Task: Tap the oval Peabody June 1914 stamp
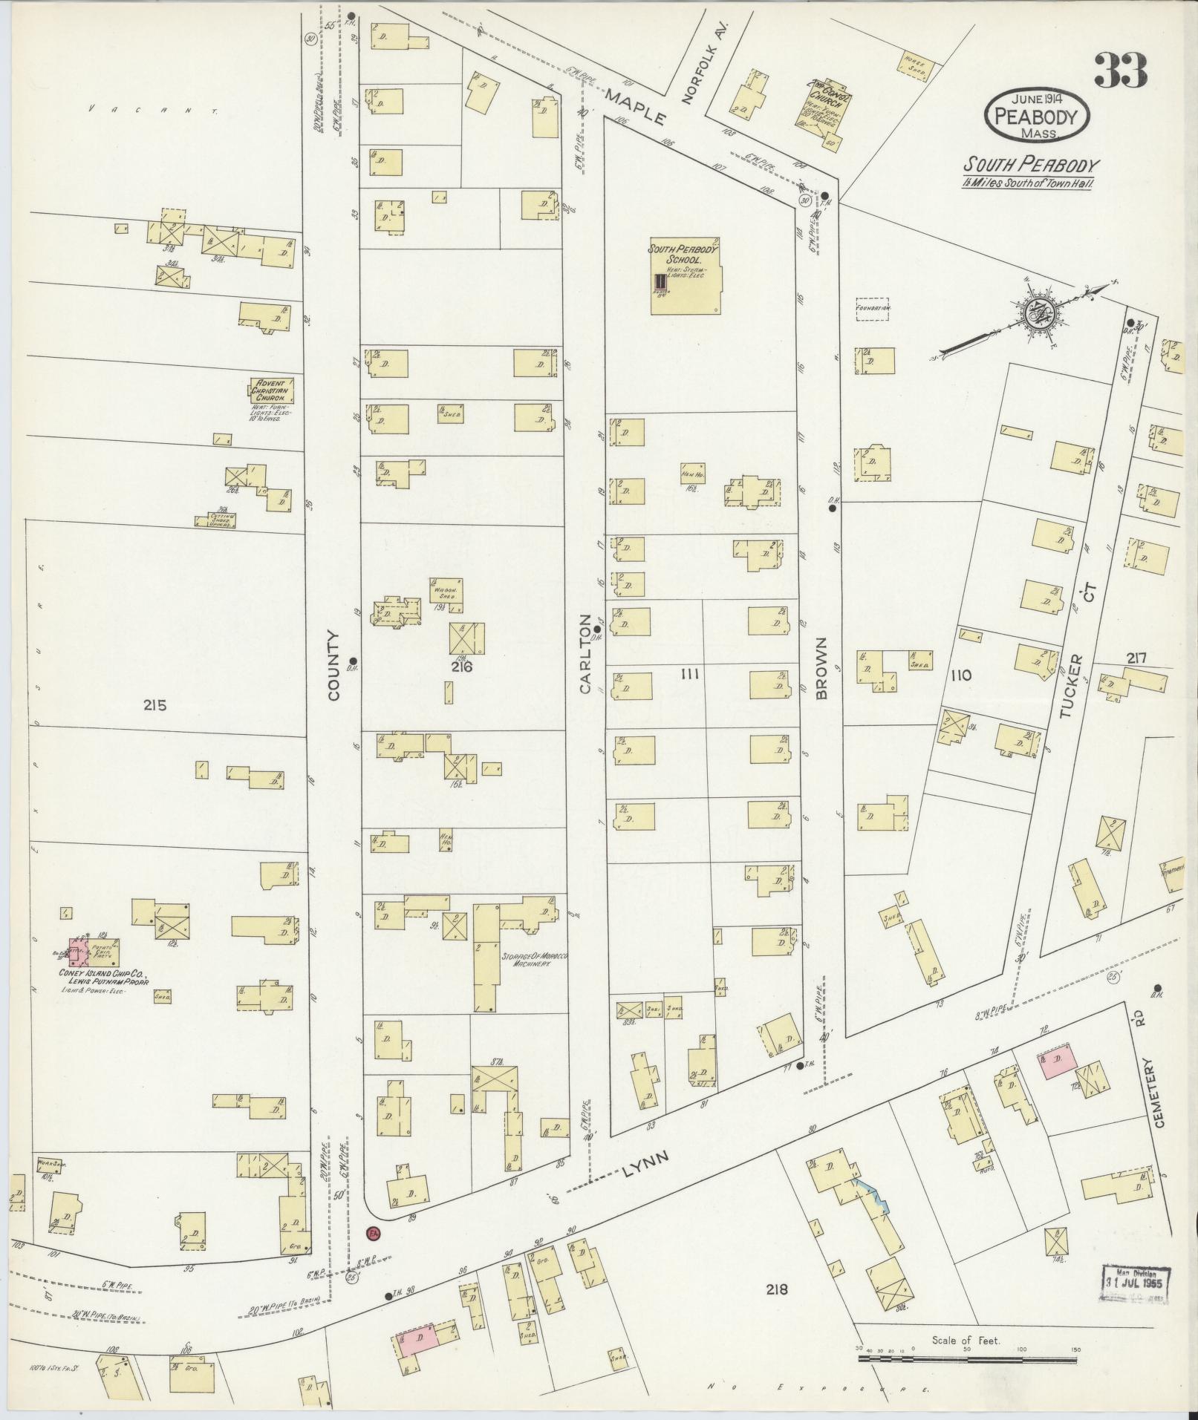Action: (1037, 117)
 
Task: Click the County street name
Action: (332, 665)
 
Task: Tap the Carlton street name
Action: (586, 654)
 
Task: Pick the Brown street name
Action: (821, 667)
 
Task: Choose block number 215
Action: (156, 705)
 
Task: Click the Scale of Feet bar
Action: (966, 1358)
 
